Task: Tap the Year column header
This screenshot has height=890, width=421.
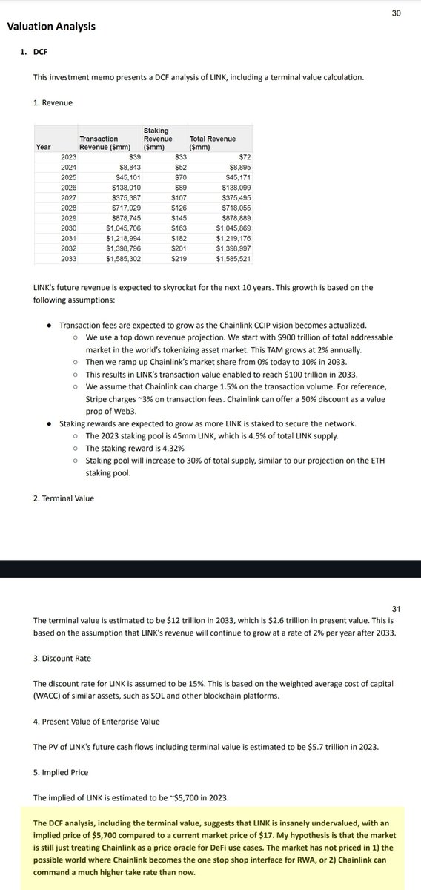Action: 44,147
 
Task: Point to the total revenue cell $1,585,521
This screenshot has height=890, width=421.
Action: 233,259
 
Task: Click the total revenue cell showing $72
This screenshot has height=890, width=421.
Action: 245,157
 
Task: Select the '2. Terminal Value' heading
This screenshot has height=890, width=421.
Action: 64,498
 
